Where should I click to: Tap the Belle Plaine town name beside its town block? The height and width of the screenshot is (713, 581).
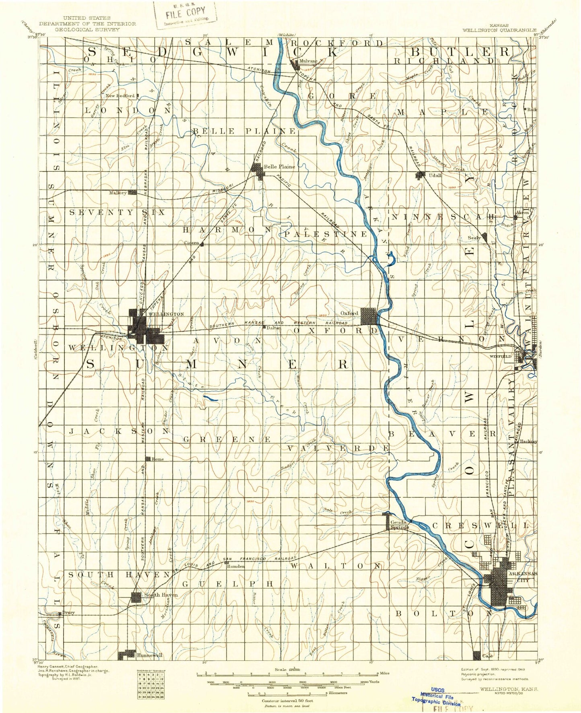pos(279,166)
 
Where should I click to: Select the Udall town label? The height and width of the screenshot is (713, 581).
pos(435,175)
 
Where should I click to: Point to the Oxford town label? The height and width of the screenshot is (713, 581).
pos(349,313)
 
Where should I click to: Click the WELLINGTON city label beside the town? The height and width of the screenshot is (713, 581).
pos(166,314)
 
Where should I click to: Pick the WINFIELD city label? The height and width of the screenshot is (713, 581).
pos(500,356)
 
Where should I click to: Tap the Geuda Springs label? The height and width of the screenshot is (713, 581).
pos(399,525)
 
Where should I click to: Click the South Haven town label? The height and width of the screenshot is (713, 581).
pos(160,595)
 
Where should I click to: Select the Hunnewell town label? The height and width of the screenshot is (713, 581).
pos(150,655)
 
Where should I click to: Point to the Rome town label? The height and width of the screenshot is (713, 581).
pos(158,459)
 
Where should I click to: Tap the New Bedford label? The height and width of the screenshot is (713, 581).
pos(120,96)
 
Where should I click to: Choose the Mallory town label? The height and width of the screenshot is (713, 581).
pos(118,193)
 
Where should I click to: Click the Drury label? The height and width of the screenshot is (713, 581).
pos(68,613)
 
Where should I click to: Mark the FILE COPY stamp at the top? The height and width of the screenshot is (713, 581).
pos(185,13)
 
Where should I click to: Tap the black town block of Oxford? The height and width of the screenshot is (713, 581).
pos(369,316)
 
